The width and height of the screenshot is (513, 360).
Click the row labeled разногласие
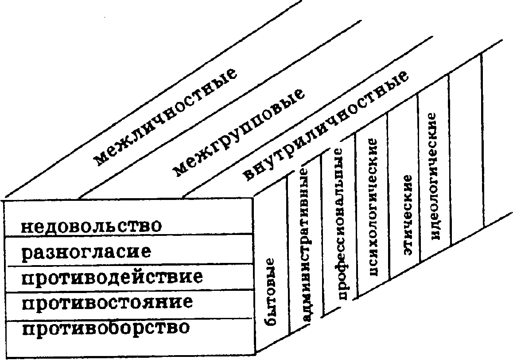[x=86, y=252]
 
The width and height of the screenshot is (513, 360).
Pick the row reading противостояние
[x=107, y=303]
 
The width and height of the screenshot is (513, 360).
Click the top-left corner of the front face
[x=4, y=200]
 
